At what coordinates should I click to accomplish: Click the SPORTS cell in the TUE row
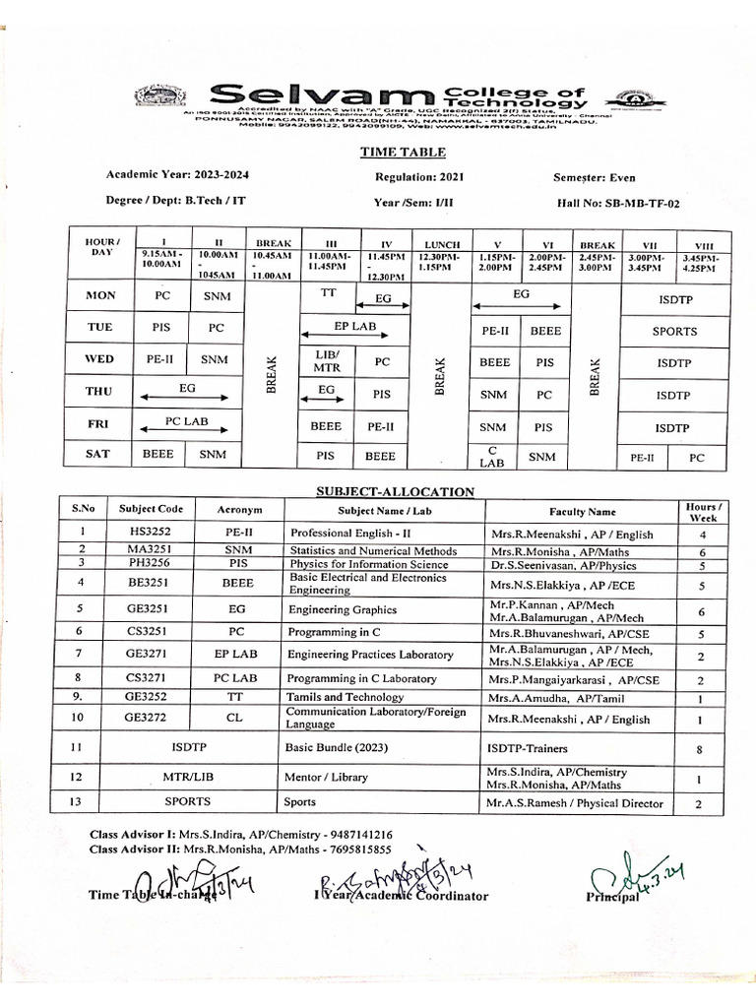[x=673, y=332]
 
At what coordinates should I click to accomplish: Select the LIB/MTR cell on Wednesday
[x=326, y=361]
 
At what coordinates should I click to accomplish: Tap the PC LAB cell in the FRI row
[x=187, y=421]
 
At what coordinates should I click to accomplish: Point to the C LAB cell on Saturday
[x=494, y=456]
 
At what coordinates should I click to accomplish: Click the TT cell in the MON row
[x=329, y=292]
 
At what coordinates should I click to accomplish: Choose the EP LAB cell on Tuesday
[x=354, y=325]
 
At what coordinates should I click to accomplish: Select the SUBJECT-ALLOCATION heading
[x=395, y=491]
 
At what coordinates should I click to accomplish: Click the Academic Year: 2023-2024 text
[x=178, y=174]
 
